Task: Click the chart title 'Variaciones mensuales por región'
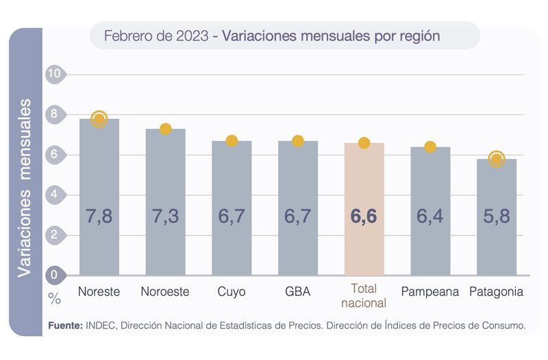pos(332,36)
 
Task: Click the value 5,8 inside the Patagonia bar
pos(497,217)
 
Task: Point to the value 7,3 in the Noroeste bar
pos(165,217)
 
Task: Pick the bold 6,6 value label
pos(364,217)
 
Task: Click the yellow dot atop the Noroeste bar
pos(165,129)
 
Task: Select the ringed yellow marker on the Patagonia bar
pos(497,159)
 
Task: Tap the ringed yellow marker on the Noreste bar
pos(99,119)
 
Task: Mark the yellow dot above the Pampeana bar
pos(430,146)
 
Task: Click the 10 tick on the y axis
pos(55,74)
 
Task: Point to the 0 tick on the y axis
pos(55,275)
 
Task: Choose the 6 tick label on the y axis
pos(55,155)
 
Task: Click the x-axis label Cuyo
pos(232,292)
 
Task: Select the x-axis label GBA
pos(298,292)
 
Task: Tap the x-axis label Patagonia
pos(497,292)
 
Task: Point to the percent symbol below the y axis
pos(54,298)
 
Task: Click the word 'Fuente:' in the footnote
pos(66,326)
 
